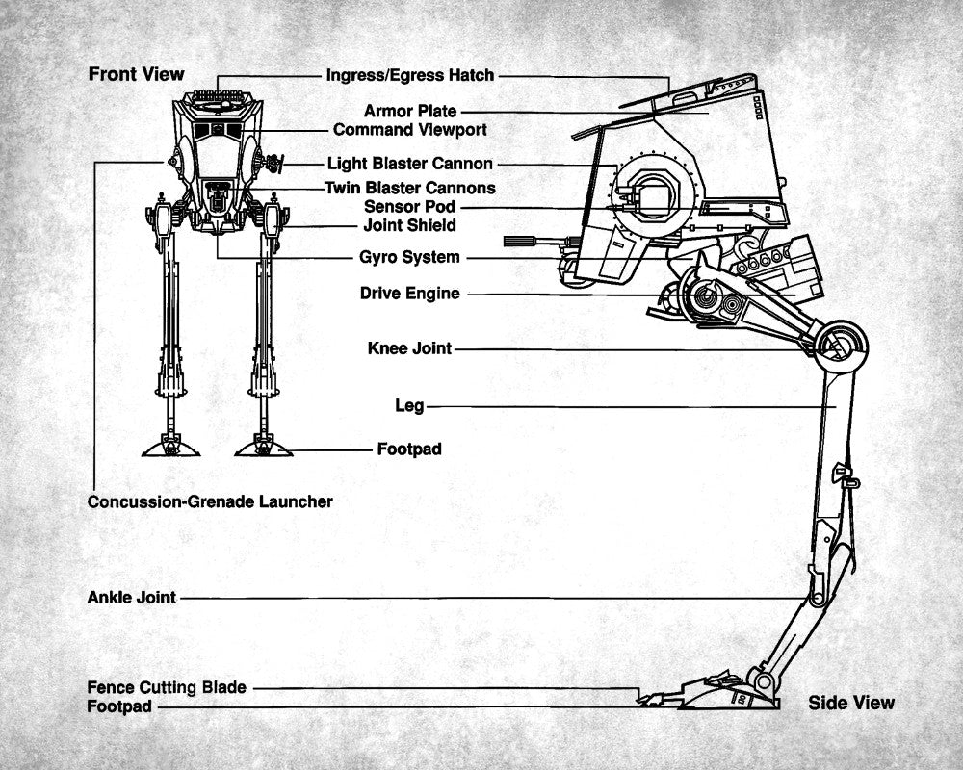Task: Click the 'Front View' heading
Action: pyautogui.click(x=136, y=74)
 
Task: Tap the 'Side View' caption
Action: pyautogui.click(x=851, y=703)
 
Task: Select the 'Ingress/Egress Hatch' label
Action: pyautogui.click(x=410, y=75)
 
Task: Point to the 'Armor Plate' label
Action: pyautogui.click(x=410, y=112)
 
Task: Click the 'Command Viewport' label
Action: pyautogui.click(x=410, y=129)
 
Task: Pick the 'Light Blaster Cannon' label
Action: pyautogui.click(x=410, y=165)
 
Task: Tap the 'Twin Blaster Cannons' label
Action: pyautogui.click(x=410, y=188)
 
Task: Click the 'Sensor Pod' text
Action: pyautogui.click(x=410, y=206)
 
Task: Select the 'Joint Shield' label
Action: pyautogui.click(x=410, y=225)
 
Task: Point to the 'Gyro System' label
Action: pyautogui.click(x=410, y=257)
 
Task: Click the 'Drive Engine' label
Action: pyautogui.click(x=410, y=294)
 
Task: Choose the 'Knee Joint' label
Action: pyautogui.click(x=410, y=348)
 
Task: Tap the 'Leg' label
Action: pyautogui.click(x=410, y=406)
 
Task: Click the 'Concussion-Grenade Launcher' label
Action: pyautogui.click(x=210, y=501)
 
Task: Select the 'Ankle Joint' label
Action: pyautogui.click(x=132, y=598)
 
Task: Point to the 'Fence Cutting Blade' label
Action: pyautogui.click(x=167, y=687)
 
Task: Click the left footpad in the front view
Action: pyautogui.click(x=171, y=448)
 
